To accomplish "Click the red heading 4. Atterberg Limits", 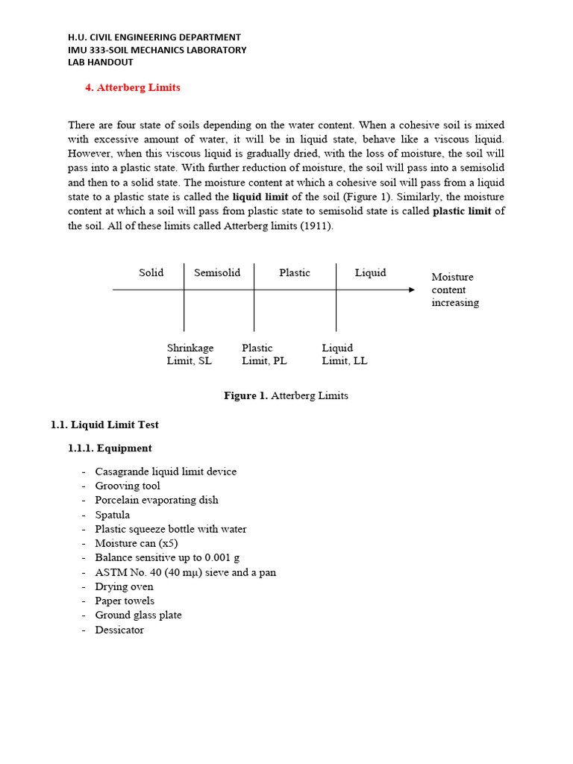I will [133, 87].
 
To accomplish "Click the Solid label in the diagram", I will [151, 272].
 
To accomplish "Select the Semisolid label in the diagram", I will [217, 272].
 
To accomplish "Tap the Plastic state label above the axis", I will [295, 272].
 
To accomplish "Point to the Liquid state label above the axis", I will [370, 272].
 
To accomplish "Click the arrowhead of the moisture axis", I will [411, 289].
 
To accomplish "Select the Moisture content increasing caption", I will [454, 289].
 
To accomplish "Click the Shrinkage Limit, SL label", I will [190, 354].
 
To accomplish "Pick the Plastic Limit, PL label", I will [264, 354].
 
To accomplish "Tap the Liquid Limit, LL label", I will [344, 354].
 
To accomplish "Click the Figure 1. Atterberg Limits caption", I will [286, 395].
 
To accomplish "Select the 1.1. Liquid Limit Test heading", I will [104, 425].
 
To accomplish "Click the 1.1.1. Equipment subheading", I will [110, 448].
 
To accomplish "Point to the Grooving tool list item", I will [127, 486].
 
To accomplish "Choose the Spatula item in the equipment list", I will [112, 515].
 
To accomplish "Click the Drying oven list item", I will [124, 586].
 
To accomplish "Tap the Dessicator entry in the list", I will [119, 630].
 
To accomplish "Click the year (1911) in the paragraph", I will [316, 226].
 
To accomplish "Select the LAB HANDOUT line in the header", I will [101, 63].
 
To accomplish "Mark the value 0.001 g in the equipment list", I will [222, 557].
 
